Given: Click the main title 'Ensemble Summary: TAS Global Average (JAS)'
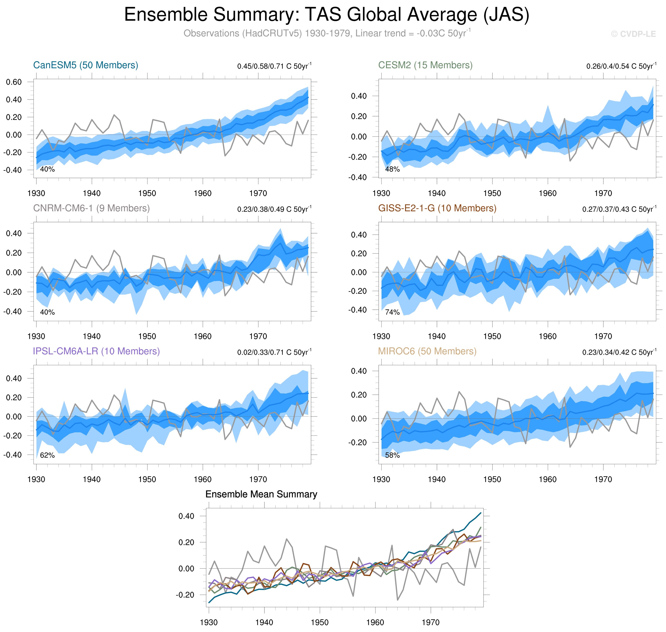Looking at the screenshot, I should [326, 15].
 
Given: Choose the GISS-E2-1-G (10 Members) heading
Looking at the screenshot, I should [437, 208].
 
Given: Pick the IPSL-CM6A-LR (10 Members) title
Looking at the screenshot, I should [96, 351].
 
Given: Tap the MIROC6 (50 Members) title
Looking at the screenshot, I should [427, 351].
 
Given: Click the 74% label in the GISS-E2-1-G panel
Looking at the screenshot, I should [392, 312].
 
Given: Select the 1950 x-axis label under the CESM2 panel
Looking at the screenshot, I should [492, 193].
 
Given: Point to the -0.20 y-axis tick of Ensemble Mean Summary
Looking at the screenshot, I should [185, 595].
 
